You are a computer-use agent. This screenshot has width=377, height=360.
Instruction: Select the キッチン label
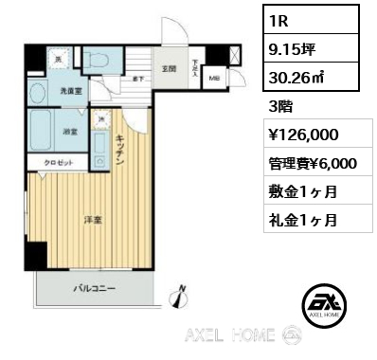[120, 151]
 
